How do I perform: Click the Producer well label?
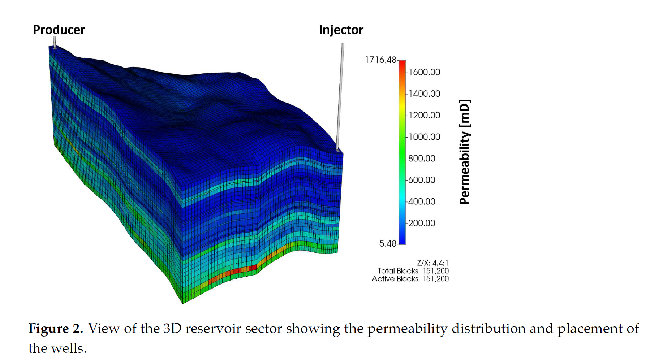coord(59,30)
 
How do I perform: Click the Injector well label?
coord(341,30)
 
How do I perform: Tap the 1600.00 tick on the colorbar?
coord(424,72)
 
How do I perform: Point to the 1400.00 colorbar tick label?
coord(424,94)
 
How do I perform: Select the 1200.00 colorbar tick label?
coord(424,116)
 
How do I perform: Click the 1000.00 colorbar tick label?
coord(424,137)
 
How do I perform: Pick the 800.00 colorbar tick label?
coord(422,159)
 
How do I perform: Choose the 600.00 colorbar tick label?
coord(422,180)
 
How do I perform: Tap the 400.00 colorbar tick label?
coord(422,201)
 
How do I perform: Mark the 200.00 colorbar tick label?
coord(422,223)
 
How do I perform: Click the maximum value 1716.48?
coord(381,60)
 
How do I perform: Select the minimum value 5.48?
coord(388,244)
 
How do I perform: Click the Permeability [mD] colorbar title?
coord(465,152)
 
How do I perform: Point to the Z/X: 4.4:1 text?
coord(433,263)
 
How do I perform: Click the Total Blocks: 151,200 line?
coord(413,271)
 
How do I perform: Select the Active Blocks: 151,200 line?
coord(410,279)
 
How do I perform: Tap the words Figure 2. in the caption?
coord(56,329)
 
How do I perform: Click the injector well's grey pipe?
coord(340,97)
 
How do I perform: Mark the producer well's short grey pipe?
coord(55,42)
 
